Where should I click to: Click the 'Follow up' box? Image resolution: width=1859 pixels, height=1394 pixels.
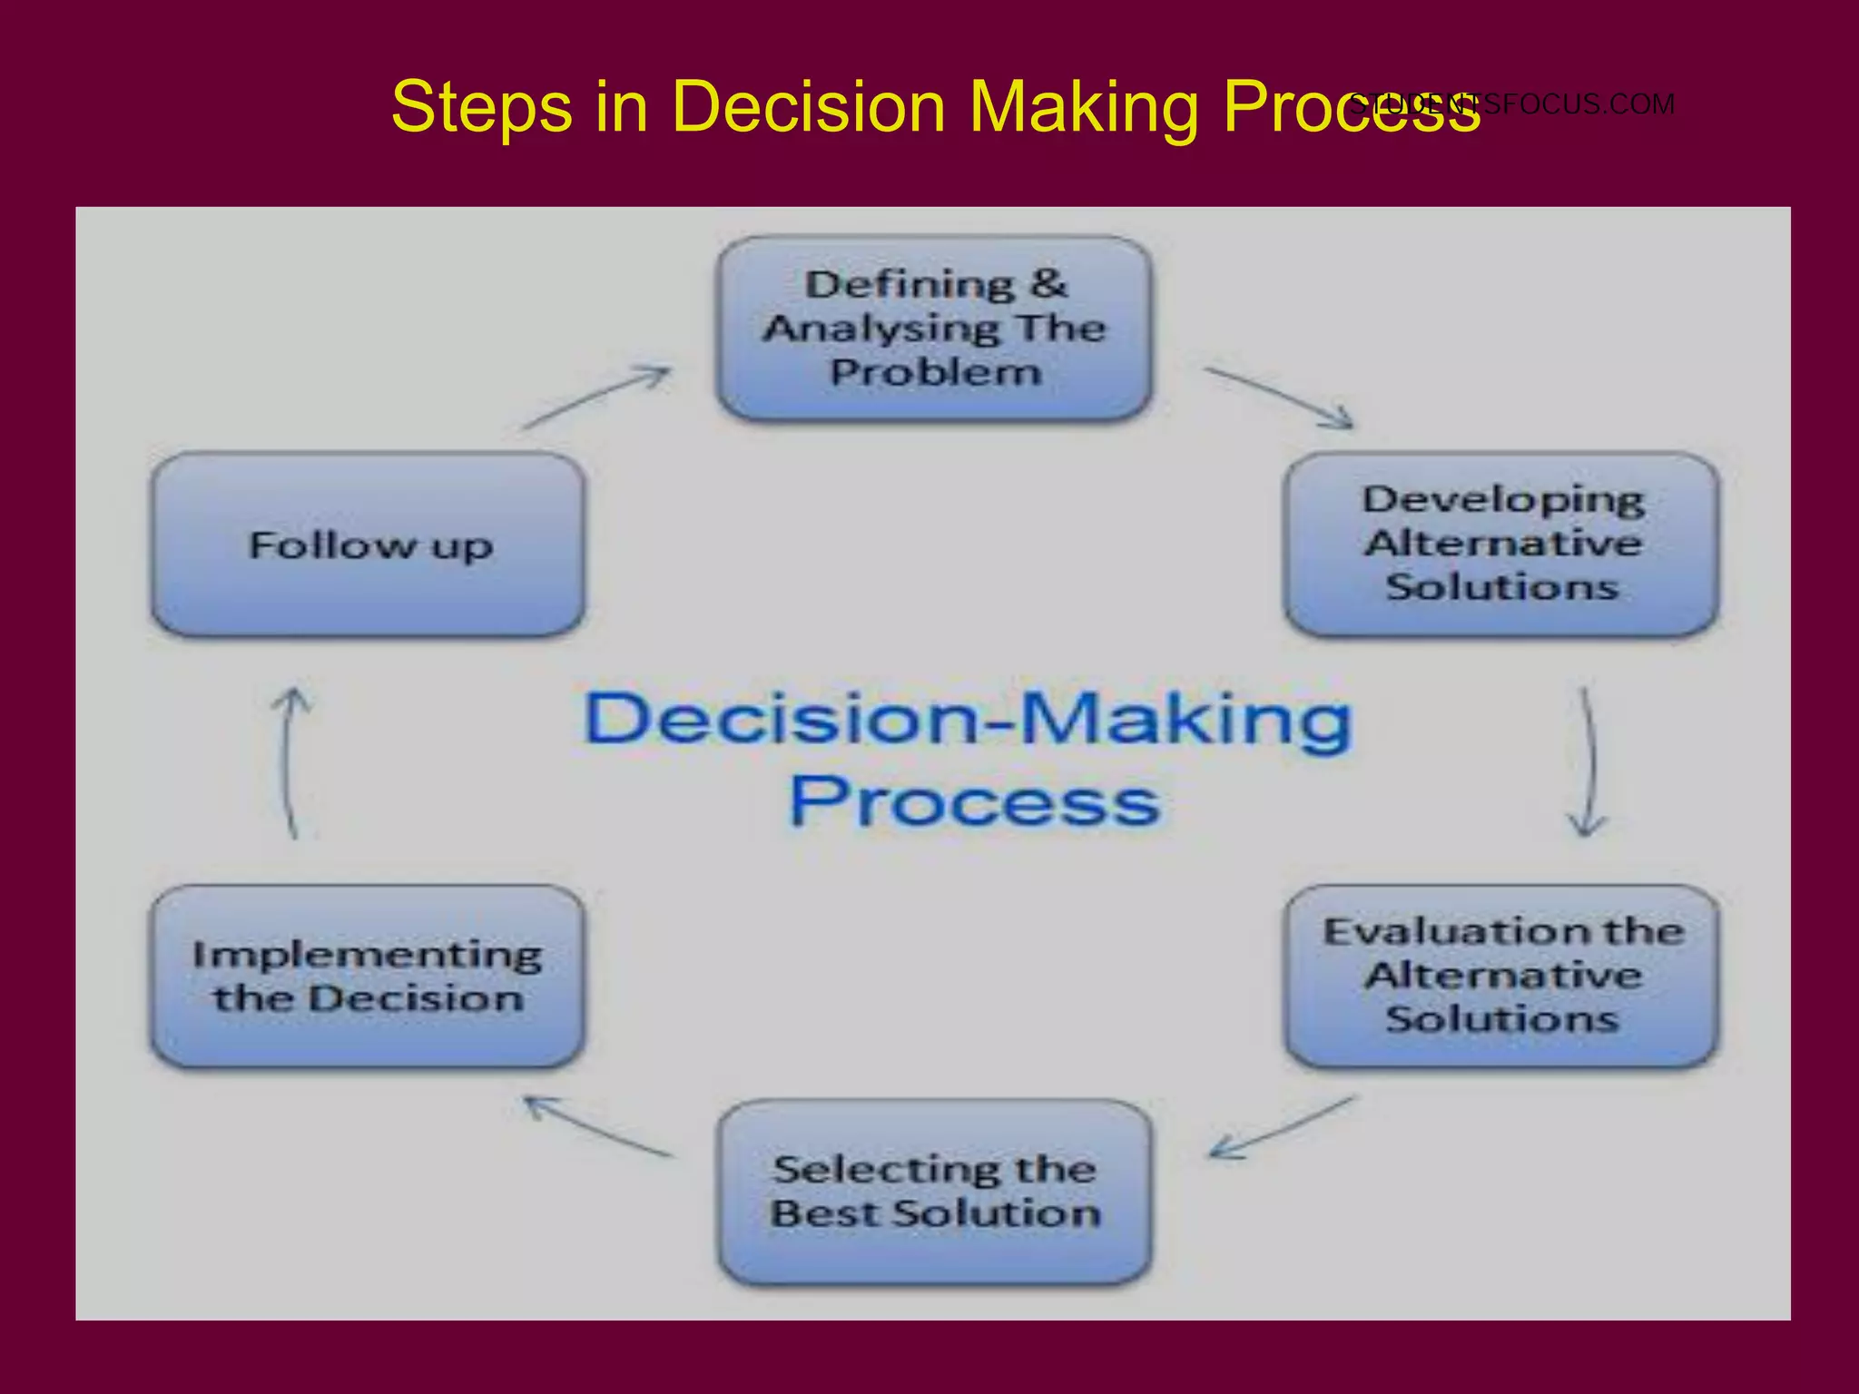pyautogui.click(x=368, y=545)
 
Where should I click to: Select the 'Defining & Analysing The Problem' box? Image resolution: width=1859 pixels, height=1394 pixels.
pyautogui.click(x=935, y=329)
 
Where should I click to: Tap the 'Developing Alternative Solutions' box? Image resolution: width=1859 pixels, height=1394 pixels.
pyautogui.click(x=1501, y=545)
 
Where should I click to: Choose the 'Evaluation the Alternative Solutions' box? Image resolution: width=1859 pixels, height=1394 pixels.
pyautogui.click(x=1501, y=977)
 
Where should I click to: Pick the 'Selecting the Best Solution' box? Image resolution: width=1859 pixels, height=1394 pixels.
pyautogui.click(x=935, y=1192)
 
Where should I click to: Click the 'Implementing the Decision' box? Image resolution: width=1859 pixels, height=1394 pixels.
pyautogui.click(x=368, y=977)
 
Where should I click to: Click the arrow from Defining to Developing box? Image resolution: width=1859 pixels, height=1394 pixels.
pyautogui.click(x=1278, y=397)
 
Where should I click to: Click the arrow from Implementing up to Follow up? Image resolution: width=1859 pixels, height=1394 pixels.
pyautogui.click(x=290, y=762)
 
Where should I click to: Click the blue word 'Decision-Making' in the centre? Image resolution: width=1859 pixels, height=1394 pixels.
pyautogui.click(x=968, y=719)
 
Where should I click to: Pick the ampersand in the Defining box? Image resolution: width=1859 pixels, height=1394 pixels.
pyautogui.click(x=1048, y=284)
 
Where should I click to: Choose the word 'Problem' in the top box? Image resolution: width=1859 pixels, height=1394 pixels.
pyautogui.click(x=935, y=372)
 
